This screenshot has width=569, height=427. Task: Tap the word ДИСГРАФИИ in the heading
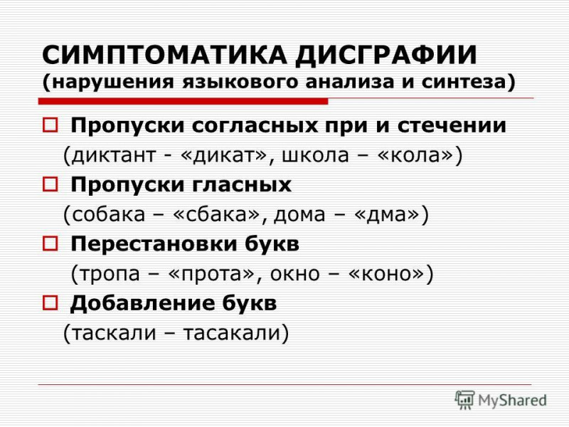point(386,56)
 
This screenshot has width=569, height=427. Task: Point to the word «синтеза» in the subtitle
point(468,82)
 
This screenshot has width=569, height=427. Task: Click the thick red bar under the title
point(184,102)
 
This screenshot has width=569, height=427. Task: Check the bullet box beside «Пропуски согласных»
point(50,125)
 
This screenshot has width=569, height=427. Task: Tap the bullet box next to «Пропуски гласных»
point(50,184)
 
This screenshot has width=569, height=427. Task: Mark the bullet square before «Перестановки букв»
point(50,243)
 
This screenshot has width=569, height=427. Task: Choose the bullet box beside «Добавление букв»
point(50,302)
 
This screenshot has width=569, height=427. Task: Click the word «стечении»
point(452,125)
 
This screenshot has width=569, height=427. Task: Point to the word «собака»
point(109,214)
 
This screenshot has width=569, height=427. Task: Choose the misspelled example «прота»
point(212,273)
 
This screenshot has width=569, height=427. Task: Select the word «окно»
point(295,273)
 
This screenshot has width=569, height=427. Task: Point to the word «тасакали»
point(232,332)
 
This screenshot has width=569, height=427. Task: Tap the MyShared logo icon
point(464,400)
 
